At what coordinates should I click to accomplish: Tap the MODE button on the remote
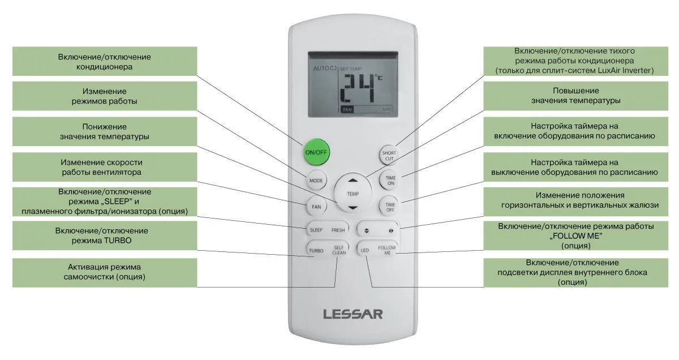coord(316,180)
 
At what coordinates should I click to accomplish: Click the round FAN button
coord(316,207)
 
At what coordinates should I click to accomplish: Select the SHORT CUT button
coord(389,155)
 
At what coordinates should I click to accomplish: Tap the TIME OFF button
coord(390,207)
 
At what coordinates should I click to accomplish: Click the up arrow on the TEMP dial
coord(353,181)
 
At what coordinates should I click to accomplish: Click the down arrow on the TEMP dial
coord(353,208)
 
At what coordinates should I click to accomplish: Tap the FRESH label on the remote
coord(338,230)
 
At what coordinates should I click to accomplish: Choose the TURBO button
coord(316,250)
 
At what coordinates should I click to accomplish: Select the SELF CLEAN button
coord(339,250)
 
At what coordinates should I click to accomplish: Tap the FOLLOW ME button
coord(387,250)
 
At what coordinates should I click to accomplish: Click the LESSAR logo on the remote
coord(353,314)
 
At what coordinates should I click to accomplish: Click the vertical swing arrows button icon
coord(367,230)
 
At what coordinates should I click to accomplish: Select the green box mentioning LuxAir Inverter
coord(575,61)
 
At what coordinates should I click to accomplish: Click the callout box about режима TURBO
coord(105,235)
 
